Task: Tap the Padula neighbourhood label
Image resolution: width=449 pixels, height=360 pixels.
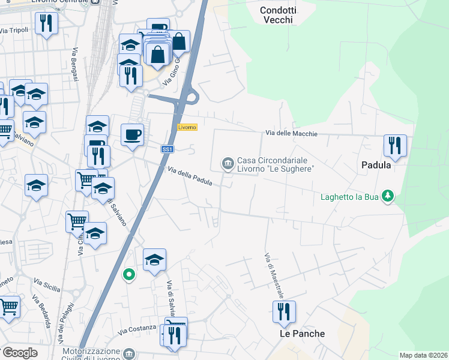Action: [376, 164]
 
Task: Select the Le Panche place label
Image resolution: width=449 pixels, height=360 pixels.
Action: [303, 334]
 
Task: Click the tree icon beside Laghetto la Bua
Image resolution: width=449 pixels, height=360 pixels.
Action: [388, 196]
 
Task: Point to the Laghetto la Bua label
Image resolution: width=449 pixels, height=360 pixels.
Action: [349, 196]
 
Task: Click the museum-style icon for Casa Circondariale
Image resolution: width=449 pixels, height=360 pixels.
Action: [228, 163]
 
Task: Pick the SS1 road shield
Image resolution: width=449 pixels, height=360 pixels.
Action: [167, 149]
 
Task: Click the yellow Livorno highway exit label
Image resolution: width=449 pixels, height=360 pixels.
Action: [187, 127]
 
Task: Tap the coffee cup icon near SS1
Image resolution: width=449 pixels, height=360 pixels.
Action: [132, 134]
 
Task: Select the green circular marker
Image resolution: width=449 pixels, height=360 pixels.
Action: [128, 275]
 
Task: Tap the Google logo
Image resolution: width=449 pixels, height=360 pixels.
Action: [20, 352]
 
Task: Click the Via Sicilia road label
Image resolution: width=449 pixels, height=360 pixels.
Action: [47, 285]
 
